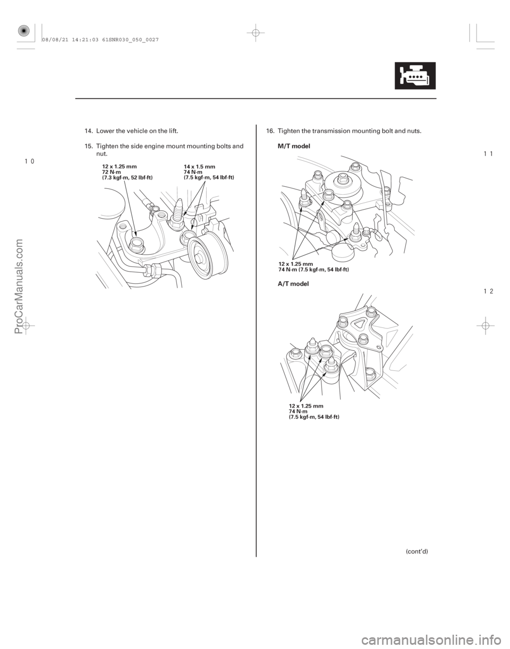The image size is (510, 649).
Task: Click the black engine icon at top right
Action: [x=415, y=75]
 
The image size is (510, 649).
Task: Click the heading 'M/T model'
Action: [x=294, y=146]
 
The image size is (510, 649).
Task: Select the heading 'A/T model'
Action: [x=293, y=284]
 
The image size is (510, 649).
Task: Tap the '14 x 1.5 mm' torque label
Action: [x=199, y=167]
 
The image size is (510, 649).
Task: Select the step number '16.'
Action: [x=270, y=131]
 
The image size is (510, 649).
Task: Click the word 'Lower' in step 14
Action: [x=104, y=131]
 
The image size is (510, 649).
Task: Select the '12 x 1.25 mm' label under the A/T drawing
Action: [x=306, y=406]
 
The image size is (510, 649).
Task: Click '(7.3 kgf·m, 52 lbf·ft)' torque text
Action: [x=127, y=178]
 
